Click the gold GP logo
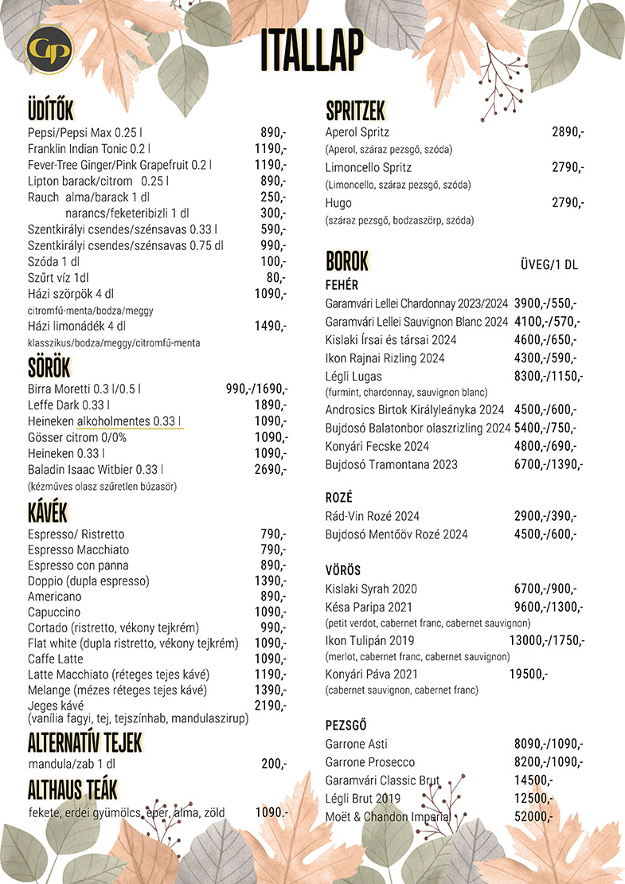(49, 50)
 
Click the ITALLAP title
(312, 49)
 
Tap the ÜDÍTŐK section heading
(50, 111)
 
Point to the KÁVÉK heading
(47, 513)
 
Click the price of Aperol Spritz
(568, 132)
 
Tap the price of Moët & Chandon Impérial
(533, 816)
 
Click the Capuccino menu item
(54, 612)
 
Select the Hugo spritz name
(338, 203)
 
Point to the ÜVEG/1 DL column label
(549, 264)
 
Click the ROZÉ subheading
(339, 497)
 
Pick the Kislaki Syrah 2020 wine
(371, 589)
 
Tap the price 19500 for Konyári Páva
(528, 674)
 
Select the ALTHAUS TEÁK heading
(72, 789)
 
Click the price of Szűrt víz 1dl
(275, 277)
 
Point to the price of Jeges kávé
(271, 706)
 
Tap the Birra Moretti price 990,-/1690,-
(256, 389)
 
